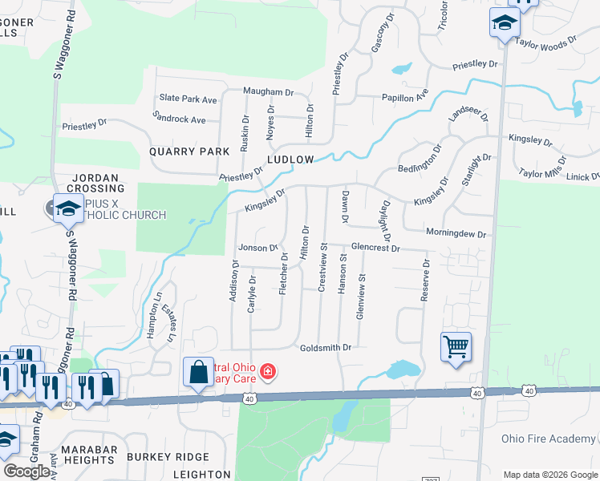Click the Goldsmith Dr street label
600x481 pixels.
coord(326,348)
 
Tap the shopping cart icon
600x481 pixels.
coord(456,347)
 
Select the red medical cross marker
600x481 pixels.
coord(267,372)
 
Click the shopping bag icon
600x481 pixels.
coord(198,372)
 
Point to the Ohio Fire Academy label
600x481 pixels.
coord(549,439)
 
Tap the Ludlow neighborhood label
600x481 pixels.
coord(290,160)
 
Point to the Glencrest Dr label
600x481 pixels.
coord(374,249)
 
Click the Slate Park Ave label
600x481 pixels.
coord(189,99)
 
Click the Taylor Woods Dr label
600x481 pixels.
coord(546,42)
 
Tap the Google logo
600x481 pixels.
coord(26,471)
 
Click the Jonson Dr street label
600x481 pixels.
coord(257,248)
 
